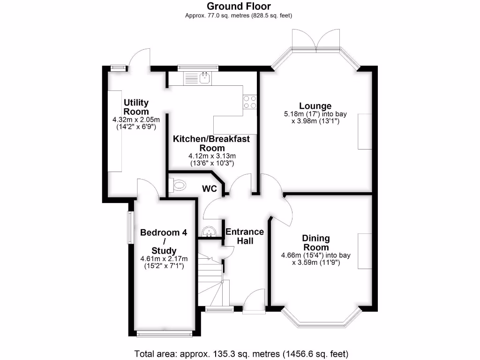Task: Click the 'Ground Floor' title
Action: tap(240, 6)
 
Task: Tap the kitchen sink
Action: tap(204, 78)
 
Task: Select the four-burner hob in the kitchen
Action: tap(249, 102)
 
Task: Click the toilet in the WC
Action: tap(177, 186)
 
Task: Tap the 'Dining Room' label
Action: tap(315, 243)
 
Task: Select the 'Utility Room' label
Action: tap(136, 107)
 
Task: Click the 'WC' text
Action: tap(209, 188)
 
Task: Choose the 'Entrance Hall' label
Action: tap(245, 236)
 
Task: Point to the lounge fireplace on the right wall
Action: tap(365, 132)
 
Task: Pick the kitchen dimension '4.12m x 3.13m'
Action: tap(211, 156)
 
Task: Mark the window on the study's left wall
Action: tap(129, 228)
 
